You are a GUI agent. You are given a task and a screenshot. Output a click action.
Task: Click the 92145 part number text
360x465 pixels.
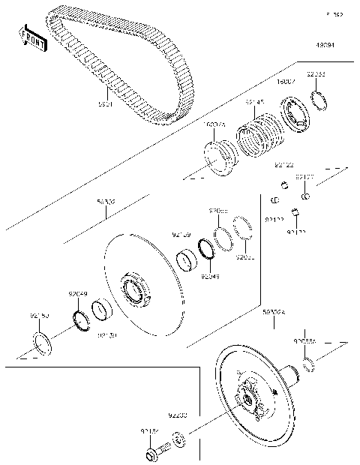coord(256,100)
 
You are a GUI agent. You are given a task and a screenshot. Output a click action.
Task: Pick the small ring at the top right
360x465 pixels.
coord(318,100)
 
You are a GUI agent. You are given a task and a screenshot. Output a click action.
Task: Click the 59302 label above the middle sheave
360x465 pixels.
coord(105,202)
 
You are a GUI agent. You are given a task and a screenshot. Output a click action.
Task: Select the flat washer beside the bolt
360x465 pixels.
coord(178,439)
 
